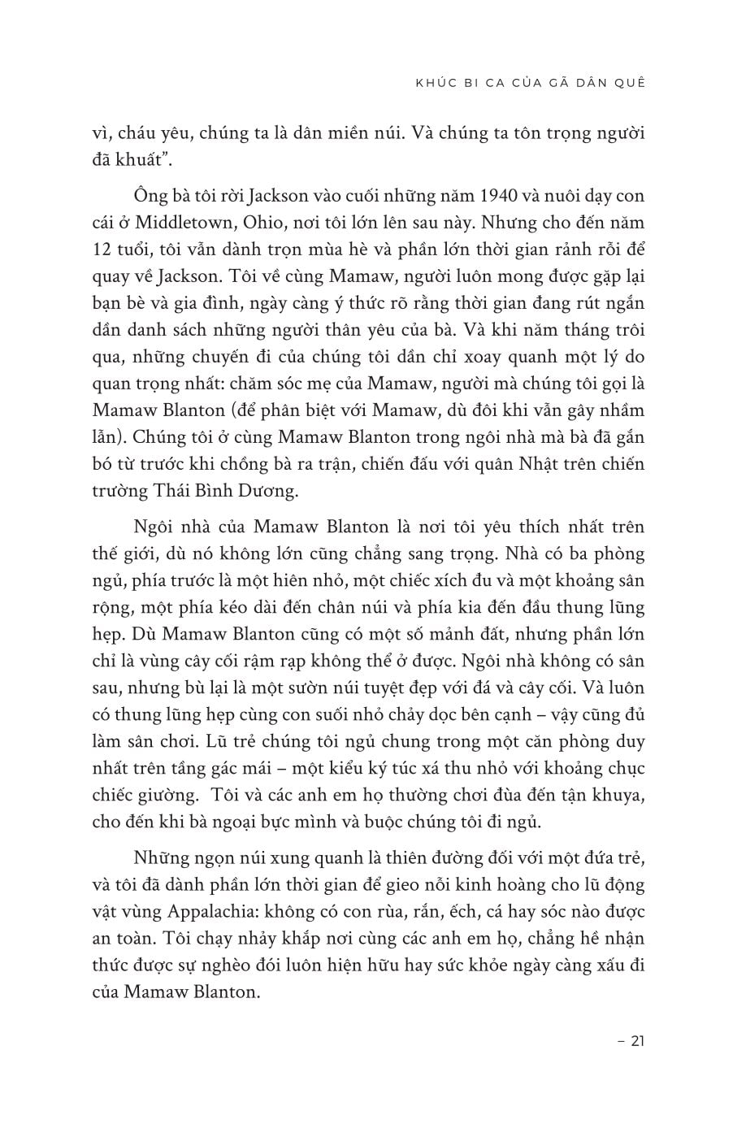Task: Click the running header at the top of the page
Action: [x=530, y=82]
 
